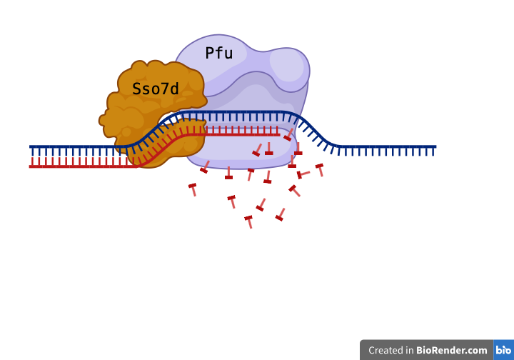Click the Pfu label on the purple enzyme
click(x=218, y=53)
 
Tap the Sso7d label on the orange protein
click(x=156, y=89)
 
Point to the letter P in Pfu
click(x=210, y=53)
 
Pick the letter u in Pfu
click(x=228, y=53)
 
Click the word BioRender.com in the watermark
click(x=452, y=350)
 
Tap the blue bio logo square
click(x=503, y=350)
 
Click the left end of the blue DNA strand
click(x=31, y=147)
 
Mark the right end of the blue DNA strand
click(x=435, y=147)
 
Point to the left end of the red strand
click(x=31, y=166)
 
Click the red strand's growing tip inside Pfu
click(x=278, y=134)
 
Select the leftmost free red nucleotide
click(x=193, y=189)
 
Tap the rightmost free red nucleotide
click(x=320, y=169)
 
